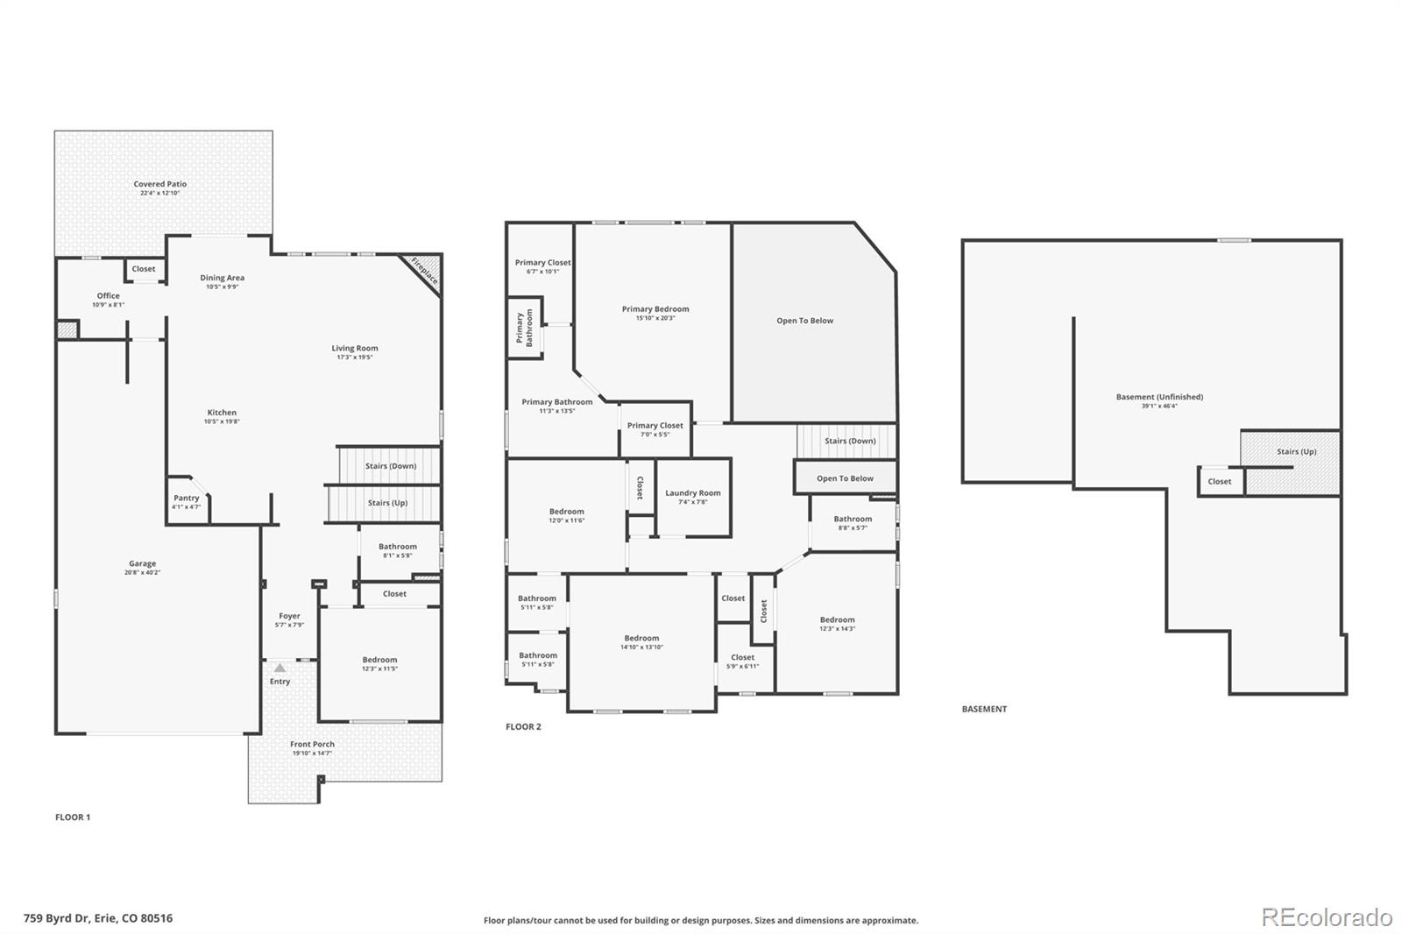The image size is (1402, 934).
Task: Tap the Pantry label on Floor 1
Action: point(186,498)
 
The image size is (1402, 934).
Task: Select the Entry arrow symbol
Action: point(280,669)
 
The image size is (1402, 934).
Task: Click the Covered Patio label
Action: point(160,184)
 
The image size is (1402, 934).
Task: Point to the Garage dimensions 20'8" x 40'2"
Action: point(142,573)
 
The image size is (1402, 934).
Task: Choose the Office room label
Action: point(109,295)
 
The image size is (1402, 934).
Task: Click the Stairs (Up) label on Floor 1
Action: point(386,503)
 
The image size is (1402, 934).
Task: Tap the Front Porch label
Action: point(313,744)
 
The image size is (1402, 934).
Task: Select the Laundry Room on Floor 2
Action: point(692,493)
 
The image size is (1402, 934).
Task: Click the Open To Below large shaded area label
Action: point(804,321)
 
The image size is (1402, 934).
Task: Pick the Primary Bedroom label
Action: point(655,308)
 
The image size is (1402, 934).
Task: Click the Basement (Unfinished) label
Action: point(1159,397)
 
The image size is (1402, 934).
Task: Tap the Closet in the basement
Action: point(1219,481)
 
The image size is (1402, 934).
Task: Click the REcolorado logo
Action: point(1327,917)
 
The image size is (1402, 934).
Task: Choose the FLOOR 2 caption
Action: point(523,726)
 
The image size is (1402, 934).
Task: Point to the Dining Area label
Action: point(222,278)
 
